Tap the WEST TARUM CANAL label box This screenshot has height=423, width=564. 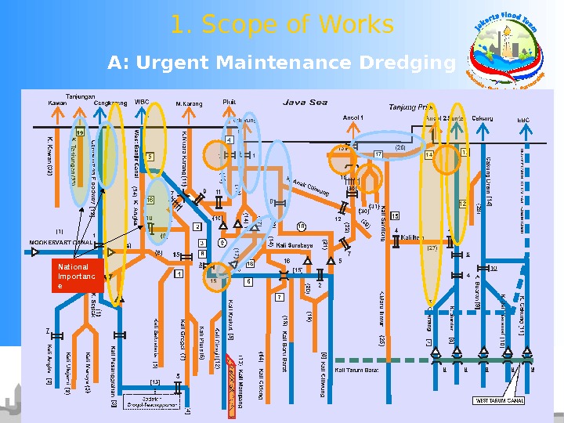pos(499,400)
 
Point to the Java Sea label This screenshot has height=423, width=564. pos(305,101)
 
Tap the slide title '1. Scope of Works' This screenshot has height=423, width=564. pos(282,25)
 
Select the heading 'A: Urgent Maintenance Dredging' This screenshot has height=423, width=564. pos(281,62)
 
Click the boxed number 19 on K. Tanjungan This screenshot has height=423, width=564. pos(80,133)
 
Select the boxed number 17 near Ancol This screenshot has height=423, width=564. pos(378,154)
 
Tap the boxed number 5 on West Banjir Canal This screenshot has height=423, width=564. pos(150,156)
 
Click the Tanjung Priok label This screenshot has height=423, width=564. pos(411,107)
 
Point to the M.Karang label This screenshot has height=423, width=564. pos(189,103)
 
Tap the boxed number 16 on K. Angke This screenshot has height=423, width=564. pos(150,200)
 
